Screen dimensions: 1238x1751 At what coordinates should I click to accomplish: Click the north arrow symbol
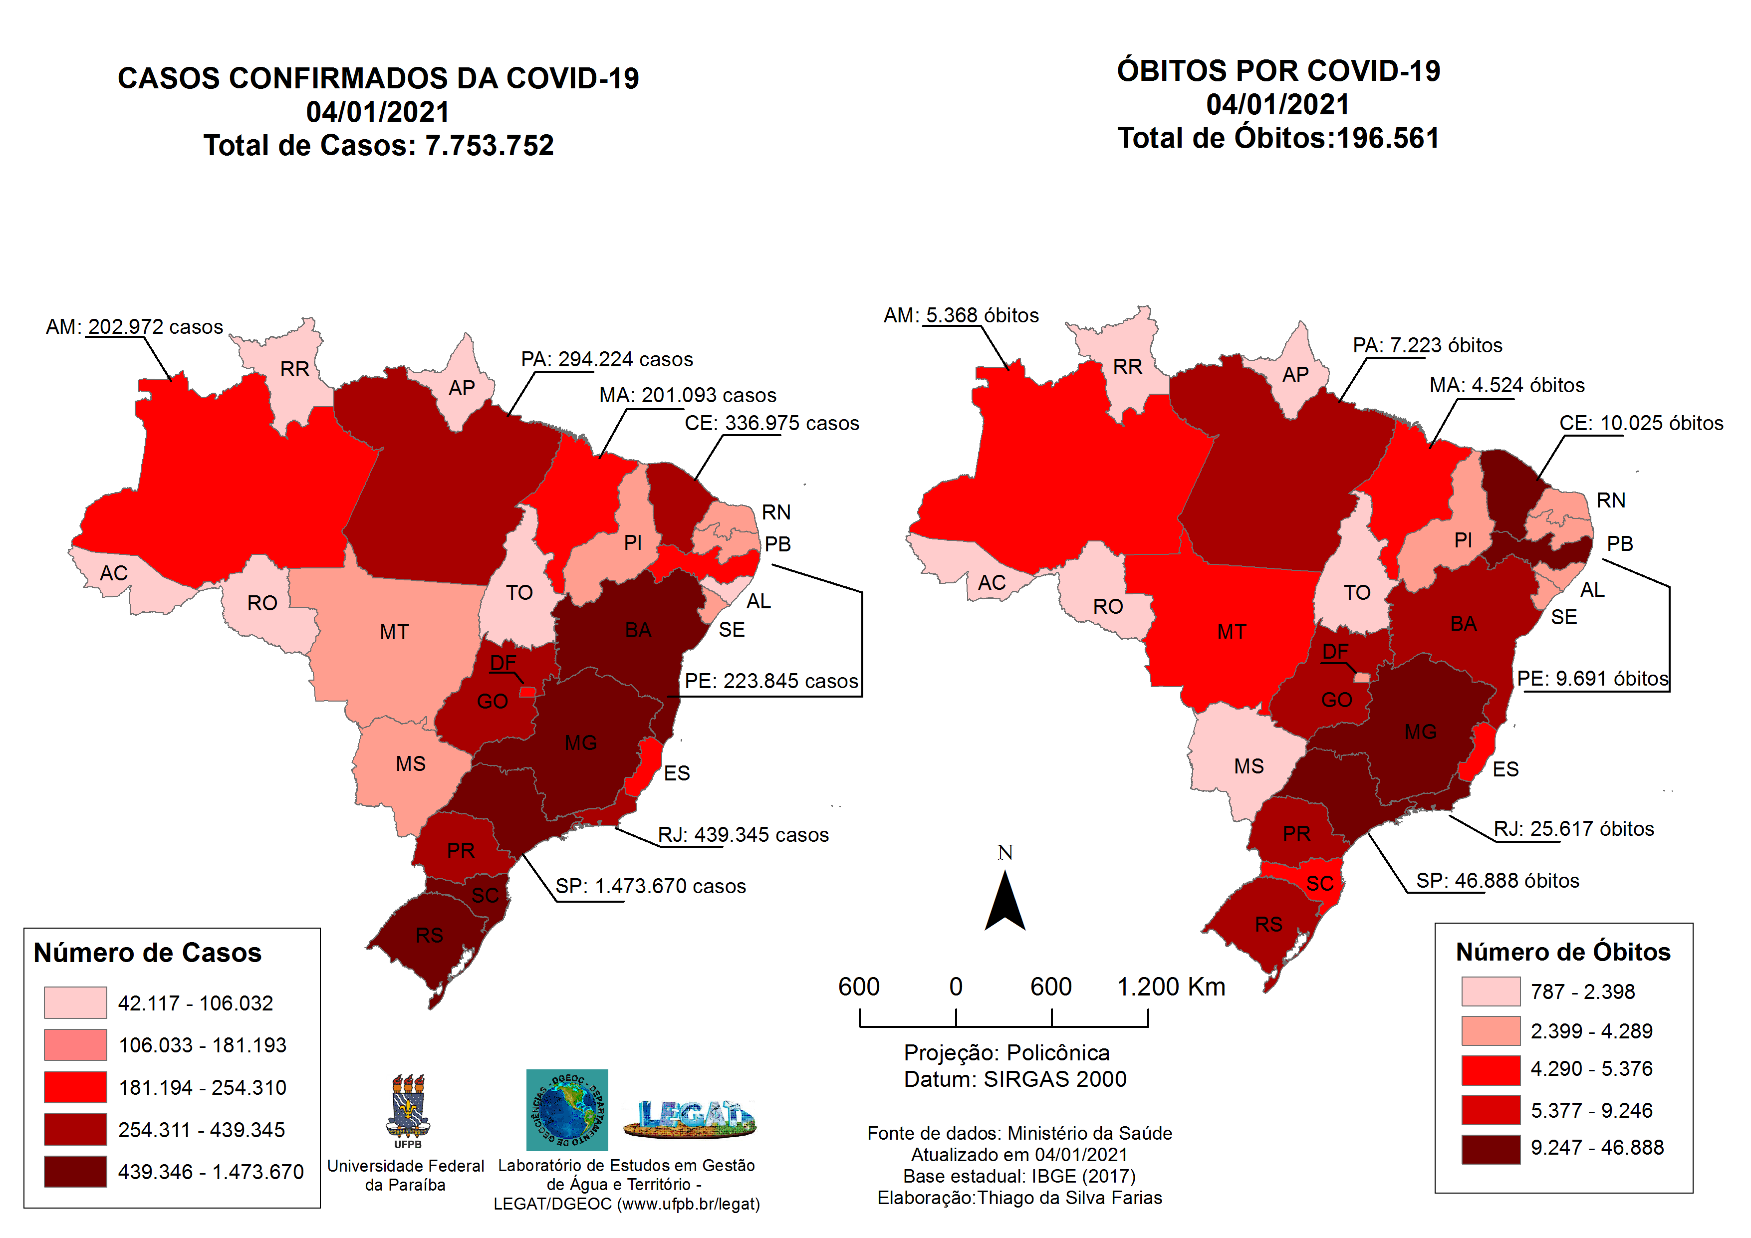click(1004, 902)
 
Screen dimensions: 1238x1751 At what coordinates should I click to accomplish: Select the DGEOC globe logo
click(567, 1110)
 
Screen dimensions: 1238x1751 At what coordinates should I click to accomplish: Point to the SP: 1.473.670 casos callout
click(650, 886)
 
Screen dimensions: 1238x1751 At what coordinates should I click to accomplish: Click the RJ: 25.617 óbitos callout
click(1573, 829)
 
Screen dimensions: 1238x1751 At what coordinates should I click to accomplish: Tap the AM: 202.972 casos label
click(134, 327)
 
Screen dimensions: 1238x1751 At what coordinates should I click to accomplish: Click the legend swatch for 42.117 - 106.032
click(75, 1002)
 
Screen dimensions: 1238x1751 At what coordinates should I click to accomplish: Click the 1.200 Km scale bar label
click(1171, 987)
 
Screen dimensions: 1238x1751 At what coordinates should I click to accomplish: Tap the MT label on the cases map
click(394, 632)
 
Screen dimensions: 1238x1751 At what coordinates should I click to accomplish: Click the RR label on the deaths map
click(1127, 367)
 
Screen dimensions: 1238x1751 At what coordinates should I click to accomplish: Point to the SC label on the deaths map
click(1319, 883)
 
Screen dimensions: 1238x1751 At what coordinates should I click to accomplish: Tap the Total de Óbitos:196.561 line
click(1278, 138)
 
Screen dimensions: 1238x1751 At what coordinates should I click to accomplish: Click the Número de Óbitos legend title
click(1563, 952)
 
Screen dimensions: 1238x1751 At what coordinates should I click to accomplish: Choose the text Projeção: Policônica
click(1006, 1053)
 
